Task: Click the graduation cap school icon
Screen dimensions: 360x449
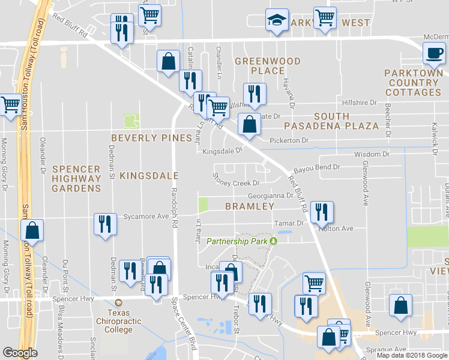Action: [x=277, y=21]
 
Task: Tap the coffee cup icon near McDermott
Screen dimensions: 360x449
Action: [x=433, y=53]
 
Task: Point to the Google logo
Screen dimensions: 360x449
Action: [x=20, y=353]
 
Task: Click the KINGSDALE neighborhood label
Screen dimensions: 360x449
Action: [x=149, y=176]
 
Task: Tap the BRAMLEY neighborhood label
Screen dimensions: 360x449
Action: [x=250, y=206]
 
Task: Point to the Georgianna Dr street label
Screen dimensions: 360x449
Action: [x=271, y=196]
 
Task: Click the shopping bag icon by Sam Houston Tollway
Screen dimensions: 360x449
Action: [x=32, y=231]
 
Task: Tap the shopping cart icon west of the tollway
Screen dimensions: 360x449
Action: [x=10, y=106]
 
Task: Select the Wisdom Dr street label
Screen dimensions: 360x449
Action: [x=372, y=154]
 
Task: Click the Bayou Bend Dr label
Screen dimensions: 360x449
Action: [x=317, y=167]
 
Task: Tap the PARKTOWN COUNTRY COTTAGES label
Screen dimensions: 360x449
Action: [x=413, y=82]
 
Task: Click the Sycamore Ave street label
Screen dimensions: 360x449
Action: [x=146, y=216]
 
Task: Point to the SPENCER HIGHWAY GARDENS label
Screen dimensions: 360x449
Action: [x=76, y=178]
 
